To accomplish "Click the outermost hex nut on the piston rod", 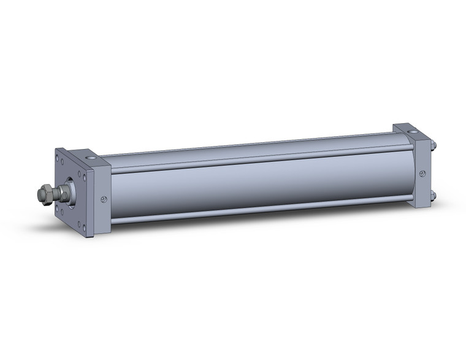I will click(42, 194).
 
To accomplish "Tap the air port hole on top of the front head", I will click(91, 159).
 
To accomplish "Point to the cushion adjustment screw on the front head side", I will click(103, 199).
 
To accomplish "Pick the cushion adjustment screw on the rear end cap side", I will click(422, 174).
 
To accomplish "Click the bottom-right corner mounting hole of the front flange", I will click(84, 227).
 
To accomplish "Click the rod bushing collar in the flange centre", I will click(69, 191).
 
